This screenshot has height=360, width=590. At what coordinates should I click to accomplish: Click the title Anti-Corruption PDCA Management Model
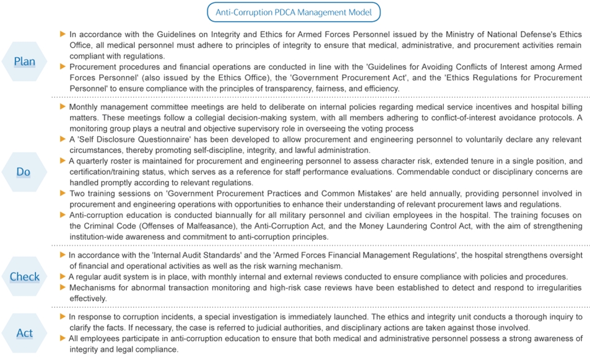[x=293, y=12]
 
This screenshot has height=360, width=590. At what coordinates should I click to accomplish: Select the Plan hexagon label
[x=25, y=61]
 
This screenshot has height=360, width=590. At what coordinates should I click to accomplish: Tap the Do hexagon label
[x=24, y=172]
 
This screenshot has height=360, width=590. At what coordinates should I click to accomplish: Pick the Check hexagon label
[x=25, y=277]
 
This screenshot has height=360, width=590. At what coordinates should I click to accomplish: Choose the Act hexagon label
[x=25, y=333]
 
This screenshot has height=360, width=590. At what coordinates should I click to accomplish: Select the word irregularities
[x=559, y=288]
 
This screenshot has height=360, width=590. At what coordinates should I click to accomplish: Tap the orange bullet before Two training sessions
[x=63, y=193]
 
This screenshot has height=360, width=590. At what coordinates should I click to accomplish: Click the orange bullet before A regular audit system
[x=63, y=277]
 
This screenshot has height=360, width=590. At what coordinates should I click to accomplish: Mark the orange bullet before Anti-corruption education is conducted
[x=63, y=215]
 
